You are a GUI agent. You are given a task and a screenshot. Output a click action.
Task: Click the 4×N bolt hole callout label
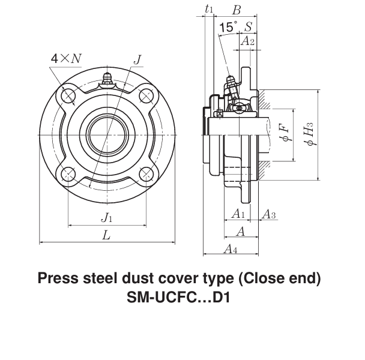point(66,59)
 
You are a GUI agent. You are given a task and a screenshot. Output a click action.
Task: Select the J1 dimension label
point(106,217)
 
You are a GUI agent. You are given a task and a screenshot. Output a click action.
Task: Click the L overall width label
point(106,236)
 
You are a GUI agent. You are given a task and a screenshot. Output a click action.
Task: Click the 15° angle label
point(228,27)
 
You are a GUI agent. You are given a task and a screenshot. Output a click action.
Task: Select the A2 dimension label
point(247,41)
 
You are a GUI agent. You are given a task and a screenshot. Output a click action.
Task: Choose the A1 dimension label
point(238,214)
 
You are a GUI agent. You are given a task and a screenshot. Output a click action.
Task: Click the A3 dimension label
point(270,214)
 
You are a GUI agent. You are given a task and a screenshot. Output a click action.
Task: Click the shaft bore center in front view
point(107,134)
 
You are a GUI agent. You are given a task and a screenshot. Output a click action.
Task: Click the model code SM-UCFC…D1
point(179,298)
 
